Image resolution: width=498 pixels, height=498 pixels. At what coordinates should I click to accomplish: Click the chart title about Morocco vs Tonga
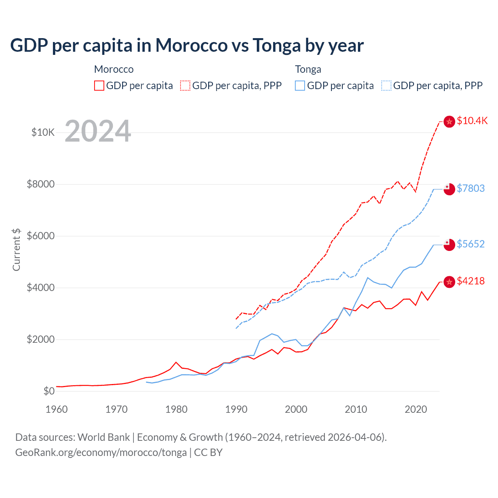tap(187, 45)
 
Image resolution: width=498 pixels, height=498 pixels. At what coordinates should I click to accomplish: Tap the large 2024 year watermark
tap(98, 131)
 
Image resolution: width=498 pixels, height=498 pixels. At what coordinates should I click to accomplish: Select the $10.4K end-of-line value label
tap(472, 121)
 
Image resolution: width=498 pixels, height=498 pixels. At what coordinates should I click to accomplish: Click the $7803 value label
tap(470, 188)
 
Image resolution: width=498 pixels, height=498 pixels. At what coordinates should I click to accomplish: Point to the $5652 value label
tap(470, 244)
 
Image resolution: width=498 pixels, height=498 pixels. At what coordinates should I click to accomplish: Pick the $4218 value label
tap(470, 281)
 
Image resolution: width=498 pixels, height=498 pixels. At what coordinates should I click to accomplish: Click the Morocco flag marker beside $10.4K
tap(449, 122)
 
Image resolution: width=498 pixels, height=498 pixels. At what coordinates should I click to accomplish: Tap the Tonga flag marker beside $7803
tap(449, 189)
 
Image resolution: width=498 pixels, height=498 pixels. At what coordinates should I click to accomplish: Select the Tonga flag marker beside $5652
tap(449, 245)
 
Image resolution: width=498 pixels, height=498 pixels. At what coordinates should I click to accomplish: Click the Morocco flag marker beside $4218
tap(449, 282)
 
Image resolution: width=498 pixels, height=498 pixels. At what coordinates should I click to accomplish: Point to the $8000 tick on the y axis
tap(40, 184)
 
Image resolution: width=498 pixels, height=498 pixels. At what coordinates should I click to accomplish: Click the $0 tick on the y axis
tap(49, 391)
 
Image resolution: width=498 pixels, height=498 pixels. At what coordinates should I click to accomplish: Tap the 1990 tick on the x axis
tap(236, 409)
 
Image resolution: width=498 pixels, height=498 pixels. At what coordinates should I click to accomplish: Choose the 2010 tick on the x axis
tap(356, 409)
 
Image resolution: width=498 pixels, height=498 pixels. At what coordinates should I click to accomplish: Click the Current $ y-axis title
tap(16, 249)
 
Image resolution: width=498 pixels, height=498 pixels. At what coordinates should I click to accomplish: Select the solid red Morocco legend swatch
tap(99, 86)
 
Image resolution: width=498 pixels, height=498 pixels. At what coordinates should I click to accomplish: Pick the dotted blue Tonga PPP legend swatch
tap(386, 86)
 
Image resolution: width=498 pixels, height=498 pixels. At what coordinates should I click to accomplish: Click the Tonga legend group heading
tap(308, 69)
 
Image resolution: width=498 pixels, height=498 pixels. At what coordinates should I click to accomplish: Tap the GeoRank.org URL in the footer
tap(101, 452)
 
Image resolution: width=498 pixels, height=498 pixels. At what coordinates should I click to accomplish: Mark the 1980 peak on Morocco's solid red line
tap(176, 362)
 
